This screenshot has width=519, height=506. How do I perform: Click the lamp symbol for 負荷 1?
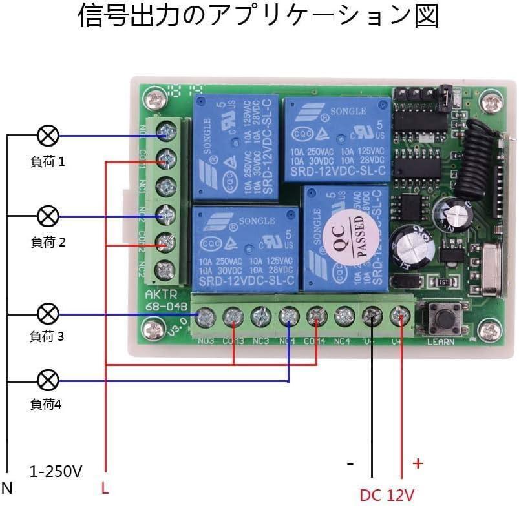tap(48, 136)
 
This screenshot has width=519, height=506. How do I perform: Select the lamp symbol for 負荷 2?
tap(48, 216)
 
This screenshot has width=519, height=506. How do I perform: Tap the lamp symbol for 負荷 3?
tap(48, 314)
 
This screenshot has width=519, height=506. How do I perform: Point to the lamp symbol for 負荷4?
tap(48, 380)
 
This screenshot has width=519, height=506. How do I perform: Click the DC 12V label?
tap(387, 495)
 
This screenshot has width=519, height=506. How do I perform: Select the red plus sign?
tap(418, 463)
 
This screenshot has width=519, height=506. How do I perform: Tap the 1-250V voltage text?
tap(56, 471)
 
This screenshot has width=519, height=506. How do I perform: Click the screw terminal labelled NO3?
tap(206, 316)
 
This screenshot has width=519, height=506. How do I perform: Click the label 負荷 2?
tap(48, 242)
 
